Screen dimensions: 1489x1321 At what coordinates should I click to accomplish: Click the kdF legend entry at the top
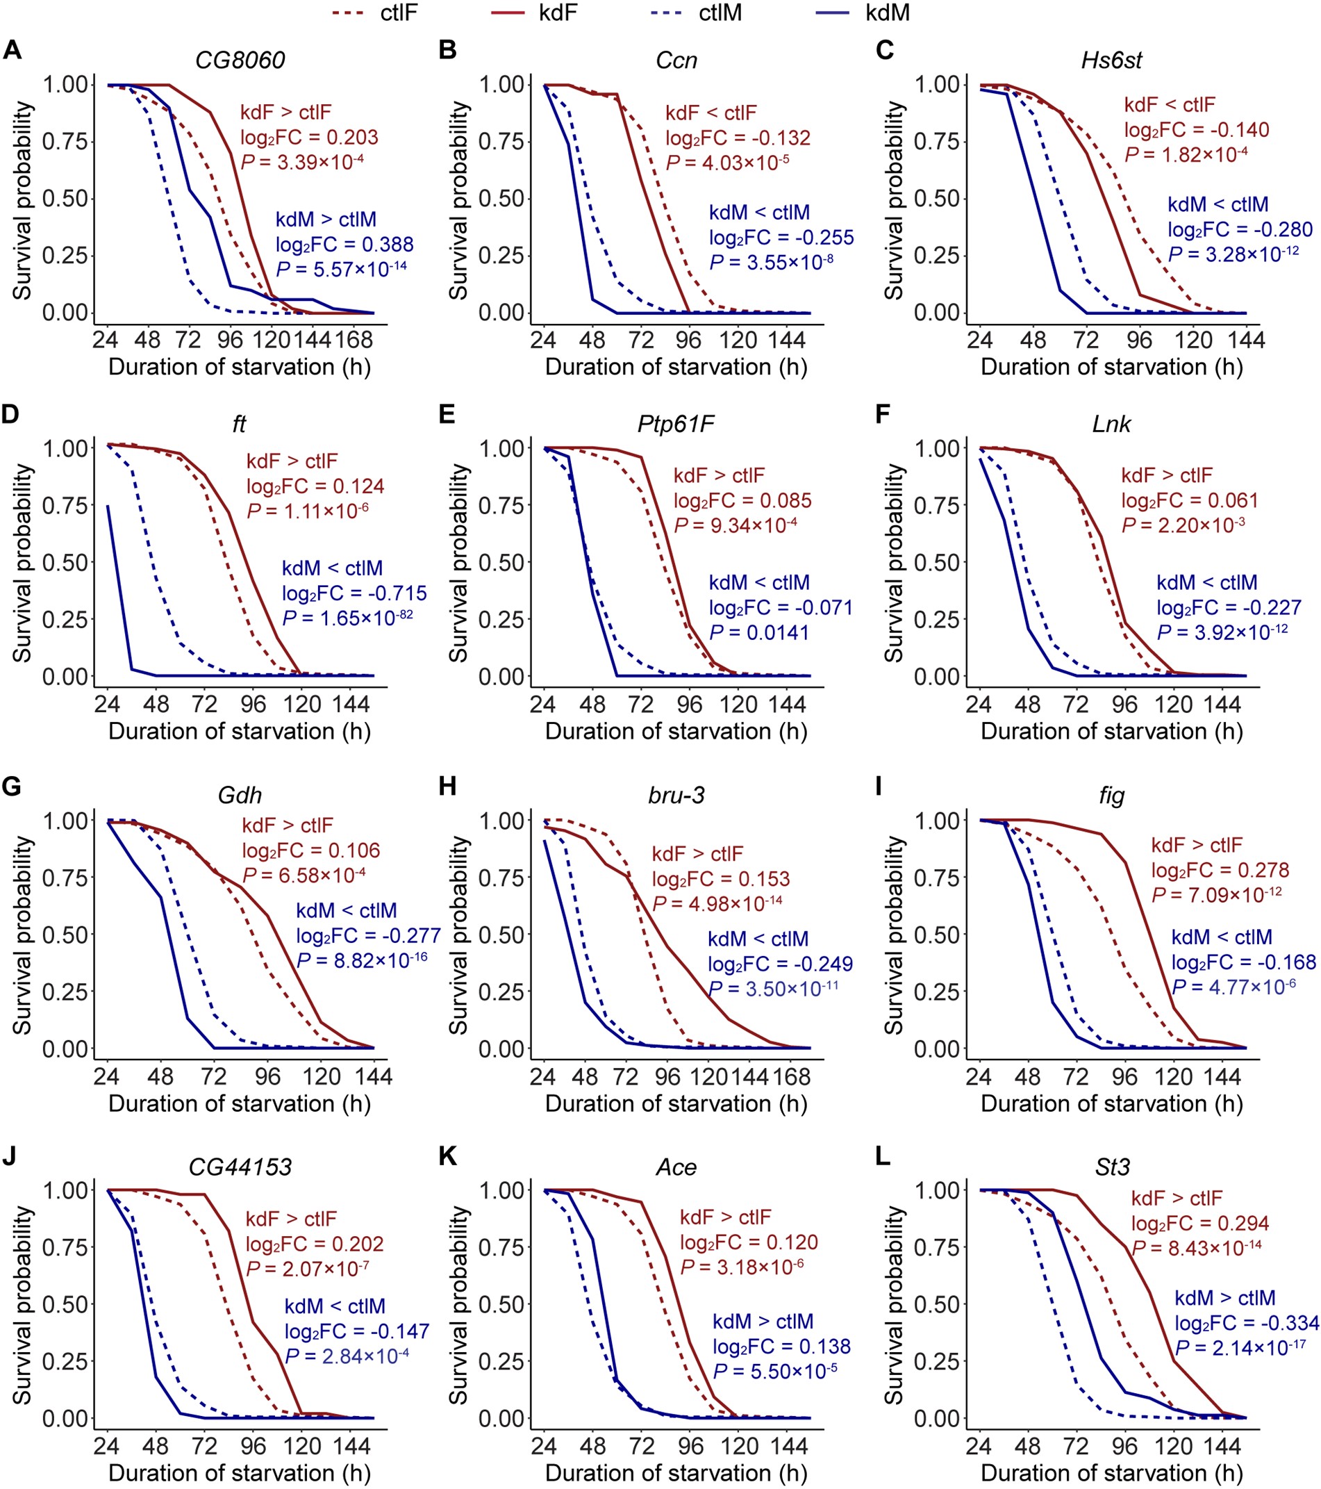tap(558, 13)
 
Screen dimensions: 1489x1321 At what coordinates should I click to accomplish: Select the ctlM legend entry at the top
tap(720, 13)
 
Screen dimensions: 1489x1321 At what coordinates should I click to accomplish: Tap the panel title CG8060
tap(240, 60)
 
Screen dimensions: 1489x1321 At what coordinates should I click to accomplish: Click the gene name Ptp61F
tap(676, 424)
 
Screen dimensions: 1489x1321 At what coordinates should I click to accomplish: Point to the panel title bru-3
tap(676, 795)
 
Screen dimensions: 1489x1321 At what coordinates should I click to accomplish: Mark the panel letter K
tap(447, 1157)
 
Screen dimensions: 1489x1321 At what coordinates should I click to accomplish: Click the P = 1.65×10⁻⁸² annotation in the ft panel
tap(347, 618)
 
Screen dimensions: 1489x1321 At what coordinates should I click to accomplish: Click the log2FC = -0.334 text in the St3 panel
tap(1247, 1323)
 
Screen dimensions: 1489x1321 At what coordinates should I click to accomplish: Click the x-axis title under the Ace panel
tap(676, 1473)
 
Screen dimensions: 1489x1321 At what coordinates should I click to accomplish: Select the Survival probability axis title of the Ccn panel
tap(458, 200)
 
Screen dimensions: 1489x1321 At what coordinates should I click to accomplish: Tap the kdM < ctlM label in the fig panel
tap(1221, 937)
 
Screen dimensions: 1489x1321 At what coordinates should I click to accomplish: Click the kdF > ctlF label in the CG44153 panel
tap(291, 1219)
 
